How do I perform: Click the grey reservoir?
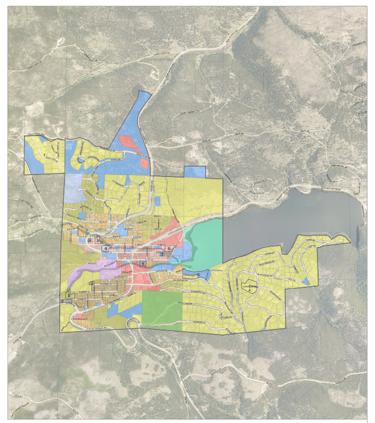pos(288,216)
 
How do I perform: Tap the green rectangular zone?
pos(162,309)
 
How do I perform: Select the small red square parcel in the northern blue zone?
pos(144,163)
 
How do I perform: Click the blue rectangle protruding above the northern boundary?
pos(194,172)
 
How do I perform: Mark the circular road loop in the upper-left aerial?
pos(59,42)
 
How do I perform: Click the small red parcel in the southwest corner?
pos(81,316)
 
